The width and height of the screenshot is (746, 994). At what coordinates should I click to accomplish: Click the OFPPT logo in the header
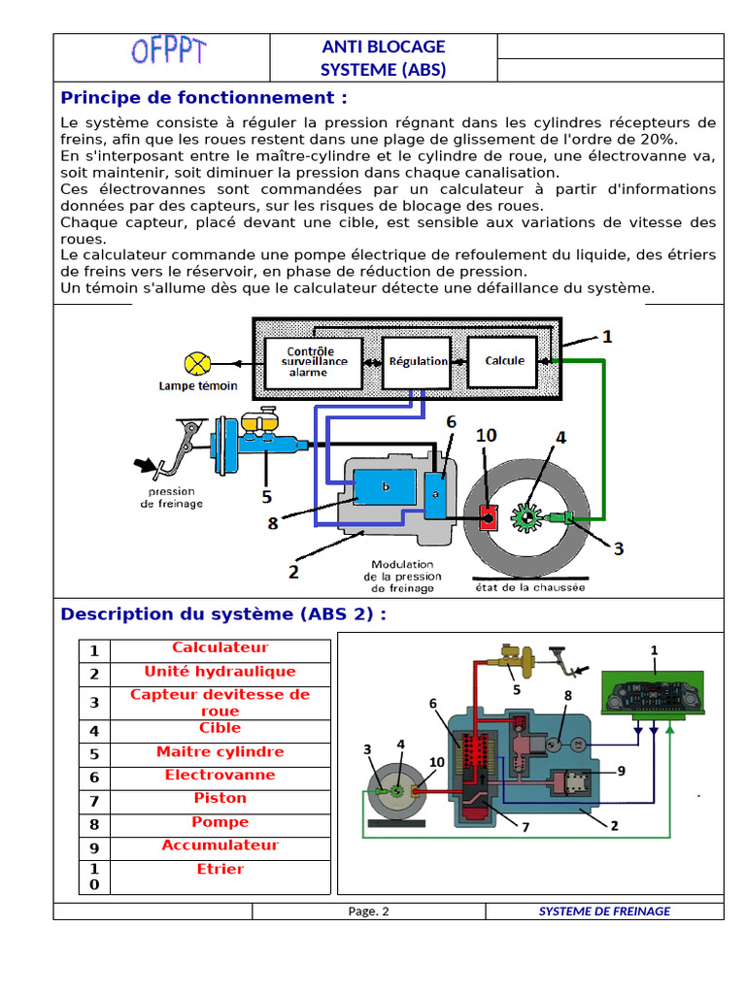click(x=166, y=50)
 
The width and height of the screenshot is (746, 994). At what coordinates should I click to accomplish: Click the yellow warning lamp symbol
click(x=197, y=363)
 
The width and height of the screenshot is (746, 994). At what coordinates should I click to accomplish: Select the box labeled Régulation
click(x=418, y=361)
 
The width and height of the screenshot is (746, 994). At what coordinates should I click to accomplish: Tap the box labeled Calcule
click(x=504, y=360)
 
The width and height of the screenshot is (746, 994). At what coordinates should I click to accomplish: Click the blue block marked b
click(x=385, y=487)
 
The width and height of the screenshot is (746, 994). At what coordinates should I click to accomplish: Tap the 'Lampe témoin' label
click(x=198, y=386)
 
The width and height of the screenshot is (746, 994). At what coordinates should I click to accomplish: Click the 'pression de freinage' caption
click(x=172, y=498)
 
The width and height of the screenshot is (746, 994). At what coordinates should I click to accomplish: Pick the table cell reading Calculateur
click(x=220, y=648)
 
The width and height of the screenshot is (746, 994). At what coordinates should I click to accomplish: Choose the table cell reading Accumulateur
click(x=220, y=845)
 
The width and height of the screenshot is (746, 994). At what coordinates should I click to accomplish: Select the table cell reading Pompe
click(x=220, y=822)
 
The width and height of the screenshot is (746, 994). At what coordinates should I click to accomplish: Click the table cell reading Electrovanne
click(x=220, y=775)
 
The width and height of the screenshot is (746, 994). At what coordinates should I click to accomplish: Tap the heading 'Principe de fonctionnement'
click(x=204, y=98)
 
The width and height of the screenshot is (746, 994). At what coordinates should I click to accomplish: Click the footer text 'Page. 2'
click(x=368, y=911)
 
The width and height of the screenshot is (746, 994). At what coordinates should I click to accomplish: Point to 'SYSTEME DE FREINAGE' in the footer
click(x=604, y=911)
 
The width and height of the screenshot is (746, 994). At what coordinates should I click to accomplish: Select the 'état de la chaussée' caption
click(x=523, y=587)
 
